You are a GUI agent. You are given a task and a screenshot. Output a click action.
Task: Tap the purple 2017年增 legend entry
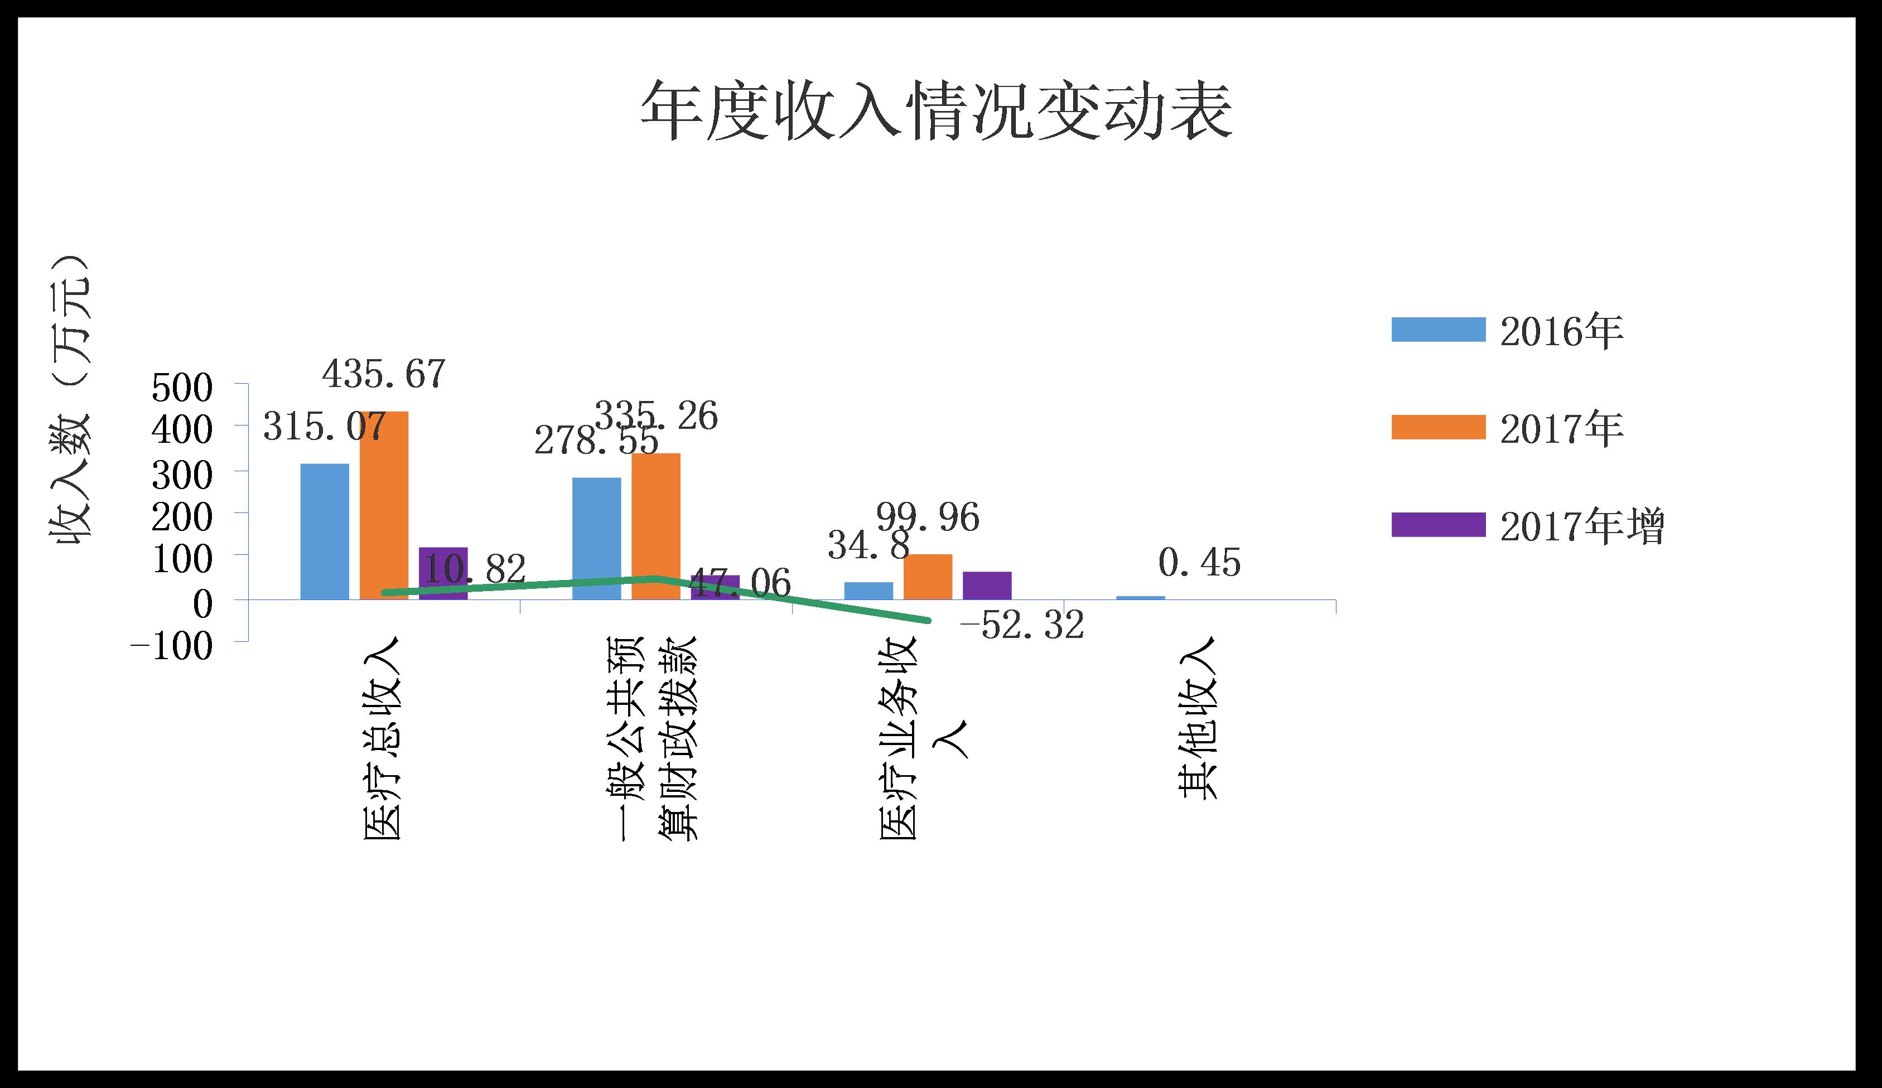tap(1527, 526)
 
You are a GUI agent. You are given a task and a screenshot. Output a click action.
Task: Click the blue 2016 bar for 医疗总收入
tap(324, 531)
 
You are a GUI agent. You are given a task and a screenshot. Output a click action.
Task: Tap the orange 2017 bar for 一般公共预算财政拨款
tap(656, 526)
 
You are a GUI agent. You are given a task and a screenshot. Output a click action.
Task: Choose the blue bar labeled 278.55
tap(596, 538)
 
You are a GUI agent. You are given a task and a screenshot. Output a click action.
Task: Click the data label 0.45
tap(1199, 563)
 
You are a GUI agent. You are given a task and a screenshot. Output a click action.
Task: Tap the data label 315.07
tap(324, 427)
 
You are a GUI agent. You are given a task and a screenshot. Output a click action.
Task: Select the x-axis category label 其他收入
tap(1198, 719)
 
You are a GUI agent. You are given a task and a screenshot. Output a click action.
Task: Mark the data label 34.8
tap(868, 546)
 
